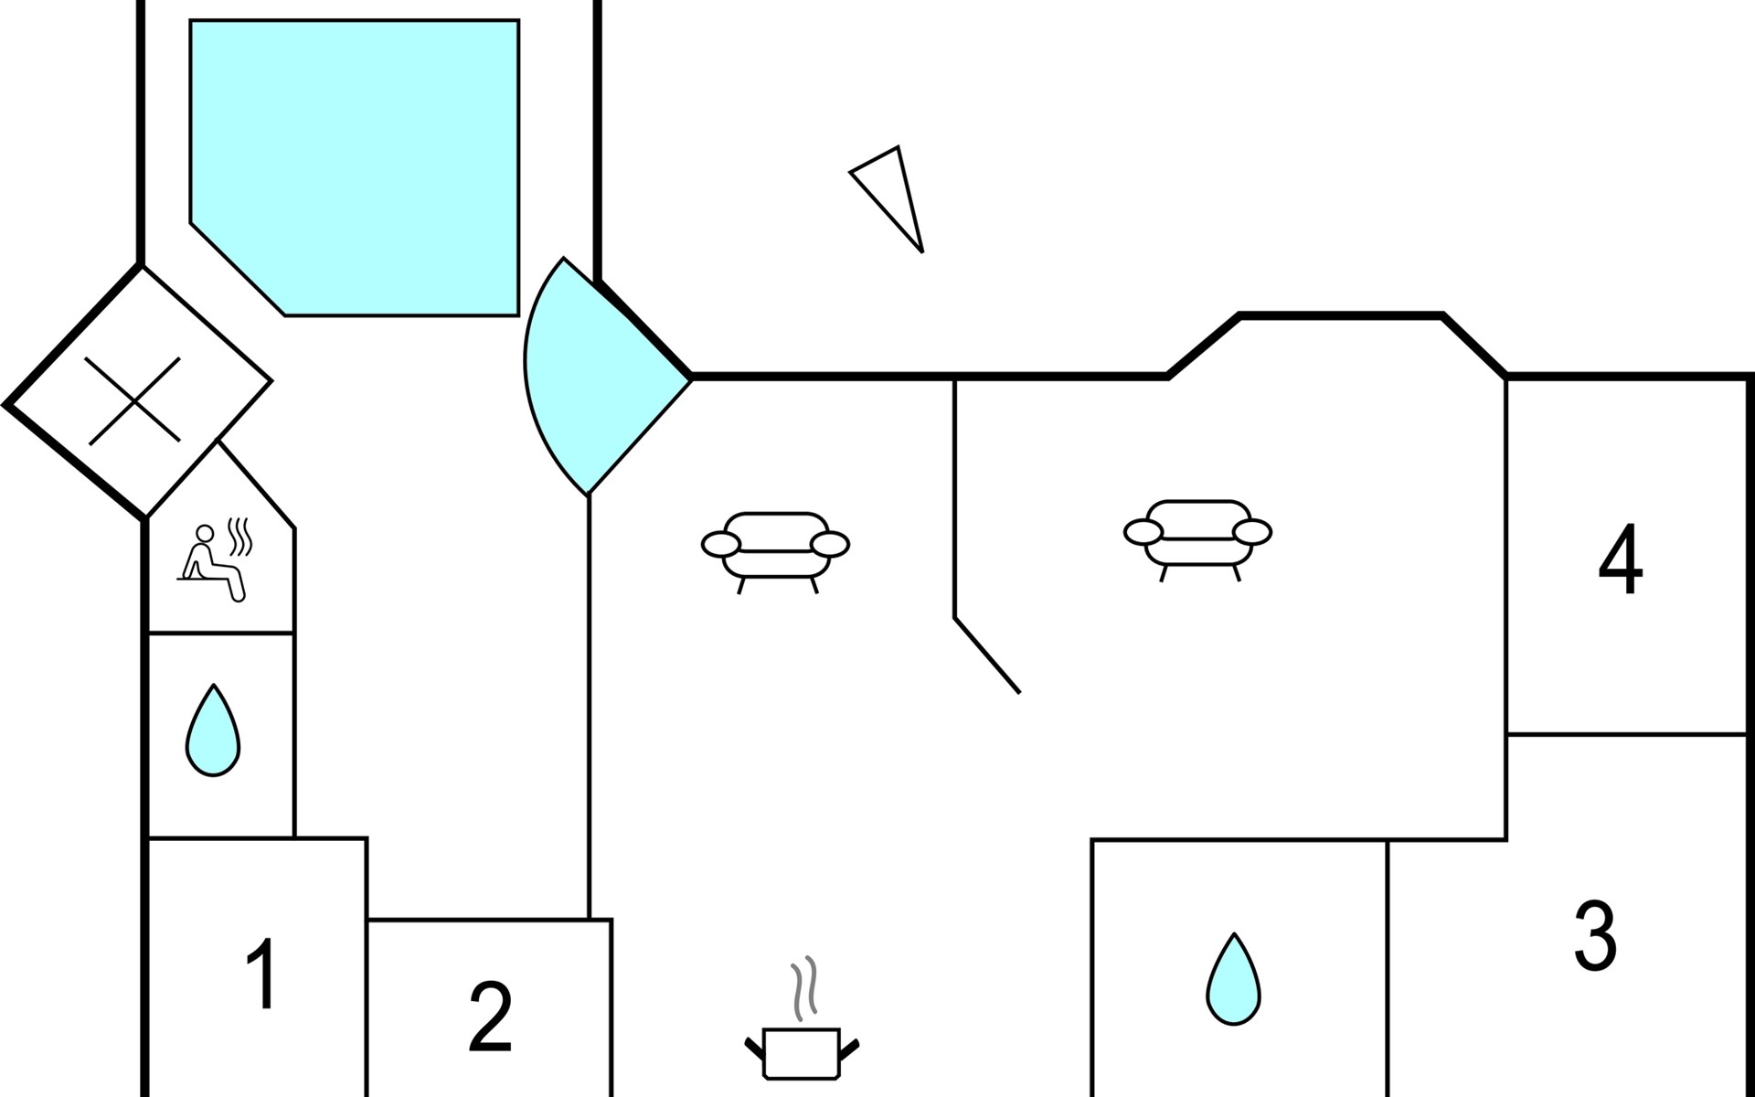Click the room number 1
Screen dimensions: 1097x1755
pos(262,974)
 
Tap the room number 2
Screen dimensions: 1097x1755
pos(490,1017)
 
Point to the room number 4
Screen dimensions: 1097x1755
pos(1620,559)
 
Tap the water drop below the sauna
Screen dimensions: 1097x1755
pos(213,731)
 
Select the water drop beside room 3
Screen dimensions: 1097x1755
pos(1234,980)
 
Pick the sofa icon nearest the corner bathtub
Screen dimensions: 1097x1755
pos(775,546)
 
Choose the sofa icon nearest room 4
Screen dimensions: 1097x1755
pos(1197,533)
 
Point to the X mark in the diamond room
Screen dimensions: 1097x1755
pos(133,400)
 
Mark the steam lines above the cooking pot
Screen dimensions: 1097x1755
pos(803,989)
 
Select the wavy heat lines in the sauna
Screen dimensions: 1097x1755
pos(239,538)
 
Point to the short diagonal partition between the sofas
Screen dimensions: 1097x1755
pos(987,655)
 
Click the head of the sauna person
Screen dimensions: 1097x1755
pos(206,533)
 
